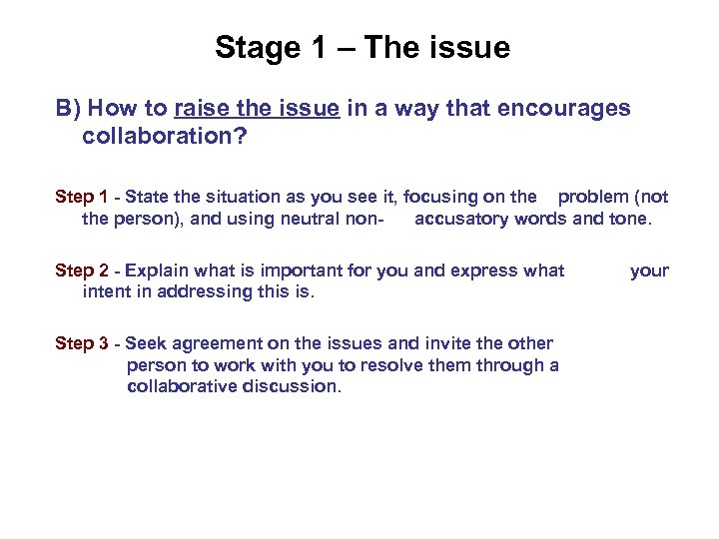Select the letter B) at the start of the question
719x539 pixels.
click(67, 108)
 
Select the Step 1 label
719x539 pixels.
click(81, 197)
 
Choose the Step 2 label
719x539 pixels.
click(81, 270)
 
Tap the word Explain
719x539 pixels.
click(156, 270)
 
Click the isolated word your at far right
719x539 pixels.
click(649, 270)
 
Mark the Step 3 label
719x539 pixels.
click(81, 343)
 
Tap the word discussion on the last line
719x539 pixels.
click(291, 386)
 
